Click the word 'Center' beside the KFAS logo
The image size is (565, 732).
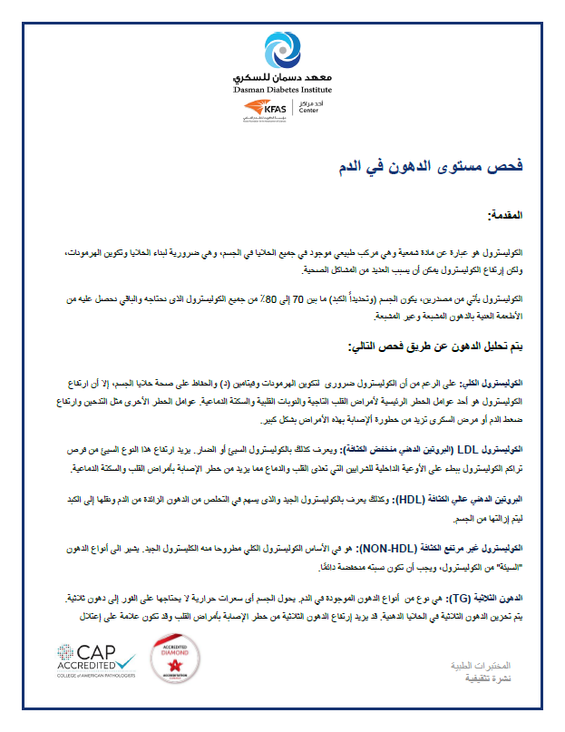tap(310, 115)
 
